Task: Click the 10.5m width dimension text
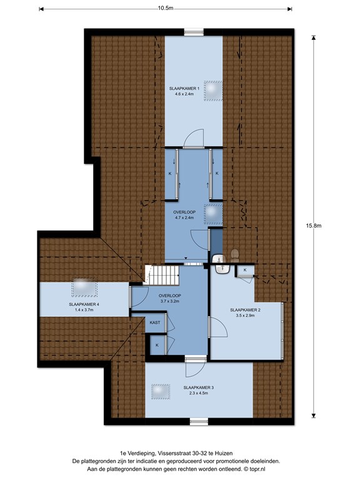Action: [x=166, y=8]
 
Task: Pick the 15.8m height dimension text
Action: [x=313, y=226]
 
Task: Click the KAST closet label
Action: [x=155, y=322]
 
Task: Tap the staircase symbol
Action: [x=161, y=275]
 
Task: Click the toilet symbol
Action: [x=235, y=255]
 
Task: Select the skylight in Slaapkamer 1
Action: [x=213, y=91]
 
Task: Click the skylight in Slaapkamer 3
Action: [x=161, y=391]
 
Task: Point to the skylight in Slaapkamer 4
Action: [x=84, y=287]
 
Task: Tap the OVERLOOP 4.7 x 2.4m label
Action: [x=184, y=215]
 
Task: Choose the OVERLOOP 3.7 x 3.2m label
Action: [x=169, y=299]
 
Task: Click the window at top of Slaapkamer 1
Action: [x=194, y=32]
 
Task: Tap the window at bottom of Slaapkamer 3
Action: [x=199, y=422]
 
